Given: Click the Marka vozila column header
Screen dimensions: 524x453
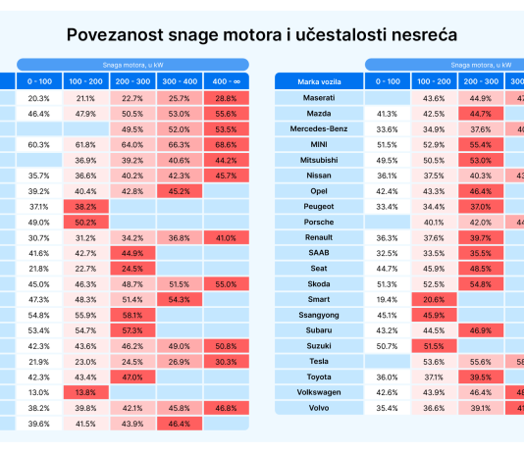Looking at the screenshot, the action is (x=319, y=81).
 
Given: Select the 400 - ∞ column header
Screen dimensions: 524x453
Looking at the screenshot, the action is (x=227, y=81).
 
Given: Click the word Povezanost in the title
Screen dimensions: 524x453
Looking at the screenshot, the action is (x=115, y=34).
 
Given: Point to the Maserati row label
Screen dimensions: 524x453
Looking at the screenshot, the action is (x=319, y=98).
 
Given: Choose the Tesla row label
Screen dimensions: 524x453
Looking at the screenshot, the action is (x=319, y=361).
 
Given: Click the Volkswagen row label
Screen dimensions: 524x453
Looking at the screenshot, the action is (x=319, y=392).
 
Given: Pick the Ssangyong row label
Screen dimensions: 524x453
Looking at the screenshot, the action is (x=319, y=315).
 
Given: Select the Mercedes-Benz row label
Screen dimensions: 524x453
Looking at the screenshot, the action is (x=319, y=128).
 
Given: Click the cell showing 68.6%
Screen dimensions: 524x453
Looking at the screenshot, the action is (x=227, y=144).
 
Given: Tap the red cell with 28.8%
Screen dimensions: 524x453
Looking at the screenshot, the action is (x=227, y=98).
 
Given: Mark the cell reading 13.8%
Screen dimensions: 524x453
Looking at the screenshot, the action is (x=86, y=392).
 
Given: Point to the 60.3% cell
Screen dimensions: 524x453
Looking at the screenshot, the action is (x=39, y=144).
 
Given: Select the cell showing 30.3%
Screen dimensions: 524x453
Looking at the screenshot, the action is (x=227, y=362).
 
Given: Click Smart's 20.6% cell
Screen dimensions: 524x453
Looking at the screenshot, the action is (x=434, y=299).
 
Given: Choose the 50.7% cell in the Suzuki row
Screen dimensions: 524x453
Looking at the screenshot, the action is (x=388, y=346).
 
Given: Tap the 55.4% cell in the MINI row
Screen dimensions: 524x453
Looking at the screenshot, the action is (x=481, y=144).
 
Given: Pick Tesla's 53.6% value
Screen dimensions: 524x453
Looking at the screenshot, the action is (x=434, y=362).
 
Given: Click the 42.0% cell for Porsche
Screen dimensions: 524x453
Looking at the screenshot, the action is (x=481, y=222).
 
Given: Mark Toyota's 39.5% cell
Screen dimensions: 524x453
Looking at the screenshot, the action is (x=481, y=377).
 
